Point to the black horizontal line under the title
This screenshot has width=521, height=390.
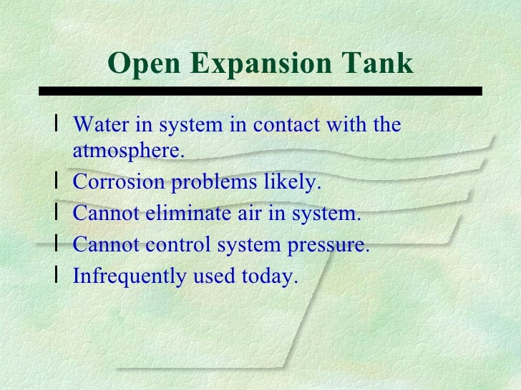coord(260,91)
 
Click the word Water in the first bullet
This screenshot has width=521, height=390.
coord(98,125)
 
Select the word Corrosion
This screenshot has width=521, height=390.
coord(118,182)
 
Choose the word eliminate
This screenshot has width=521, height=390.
coord(220,214)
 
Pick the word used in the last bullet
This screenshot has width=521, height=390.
coord(213,277)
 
